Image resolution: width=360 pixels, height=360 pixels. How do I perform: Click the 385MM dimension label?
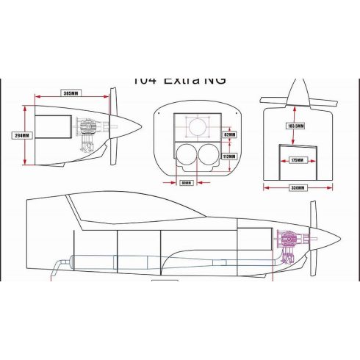click(71, 94)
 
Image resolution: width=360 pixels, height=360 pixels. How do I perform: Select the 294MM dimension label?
click(21, 135)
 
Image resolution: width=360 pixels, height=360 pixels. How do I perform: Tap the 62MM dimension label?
click(229, 134)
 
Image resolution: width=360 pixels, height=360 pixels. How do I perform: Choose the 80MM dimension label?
click(186, 183)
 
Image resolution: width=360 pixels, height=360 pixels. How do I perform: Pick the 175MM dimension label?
click(297, 159)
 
